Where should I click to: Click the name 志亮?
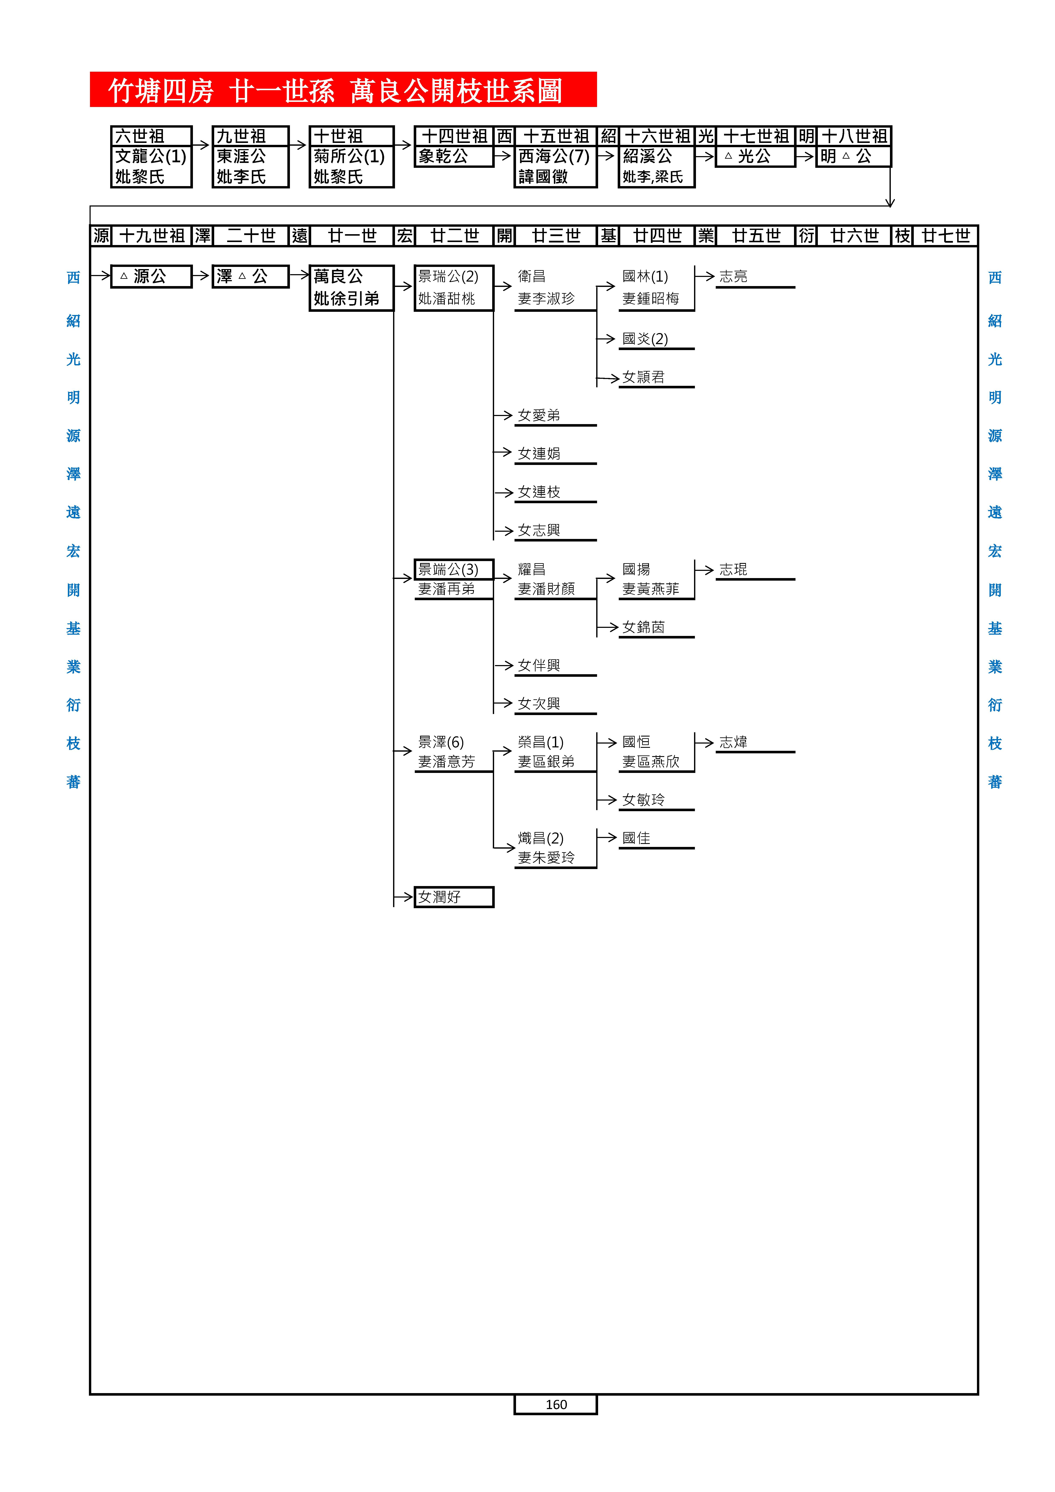pyautogui.click(x=733, y=277)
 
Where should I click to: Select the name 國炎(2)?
pyautogui.click(x=645, y=339)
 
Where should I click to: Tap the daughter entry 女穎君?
pyautogui.click(x=644, y=377)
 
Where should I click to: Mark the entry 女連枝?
pyautogui.click(x=539, y=492)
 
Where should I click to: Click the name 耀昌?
pyautogui.click(x=532, y=569)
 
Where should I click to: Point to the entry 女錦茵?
pyautogui.click(x=644, y=627)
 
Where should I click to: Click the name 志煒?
pyautogui.click(x=733, y=742)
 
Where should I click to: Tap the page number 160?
pyautogui.click(x=556, y=1404)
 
